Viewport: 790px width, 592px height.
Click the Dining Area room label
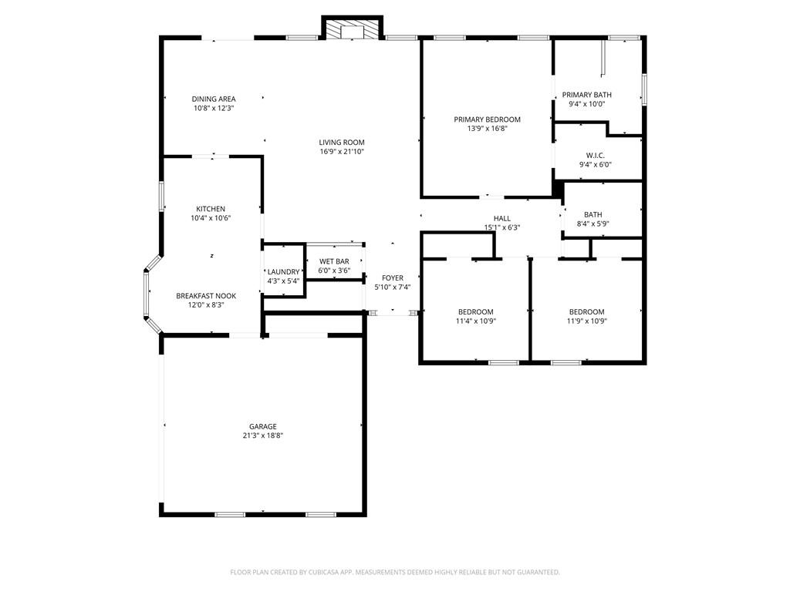tap(214, 99)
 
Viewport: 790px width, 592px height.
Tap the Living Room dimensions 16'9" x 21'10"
tap(342, 152)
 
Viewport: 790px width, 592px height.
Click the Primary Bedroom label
tap(487, 119)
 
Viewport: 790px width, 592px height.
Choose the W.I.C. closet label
tap(595, 155)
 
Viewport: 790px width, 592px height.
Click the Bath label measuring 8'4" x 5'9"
tap(592, 215)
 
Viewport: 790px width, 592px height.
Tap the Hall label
tap(501, 218)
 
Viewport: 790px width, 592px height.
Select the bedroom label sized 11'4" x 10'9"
tap(476, 312)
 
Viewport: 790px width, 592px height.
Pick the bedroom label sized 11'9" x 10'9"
tap(586, 312)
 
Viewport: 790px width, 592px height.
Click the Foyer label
tap(393, 277)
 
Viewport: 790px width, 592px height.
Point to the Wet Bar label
tap(334, 261)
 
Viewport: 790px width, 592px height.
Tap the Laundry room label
tap(283, 271)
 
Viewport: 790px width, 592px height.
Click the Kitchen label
tap(211, 209)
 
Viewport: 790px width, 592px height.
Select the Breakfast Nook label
tap(206, 296)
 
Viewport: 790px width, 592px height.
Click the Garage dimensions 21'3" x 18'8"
tap(262, 436)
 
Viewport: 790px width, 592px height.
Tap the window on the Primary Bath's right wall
tap(643, 89)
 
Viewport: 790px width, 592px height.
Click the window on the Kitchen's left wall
tap(161, 196)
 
